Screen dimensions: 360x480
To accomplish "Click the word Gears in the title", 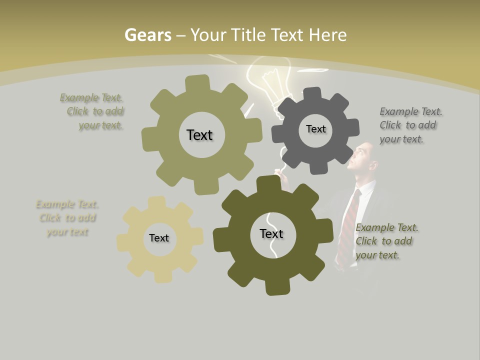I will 147,35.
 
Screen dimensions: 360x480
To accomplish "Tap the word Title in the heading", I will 248,35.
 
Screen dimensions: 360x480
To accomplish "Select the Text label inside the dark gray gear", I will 315,129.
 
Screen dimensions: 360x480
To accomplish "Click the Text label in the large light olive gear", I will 199,135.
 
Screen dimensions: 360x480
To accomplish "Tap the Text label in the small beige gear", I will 159,238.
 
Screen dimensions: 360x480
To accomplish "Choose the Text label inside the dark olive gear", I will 271,233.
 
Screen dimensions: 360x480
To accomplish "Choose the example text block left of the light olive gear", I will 92,111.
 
